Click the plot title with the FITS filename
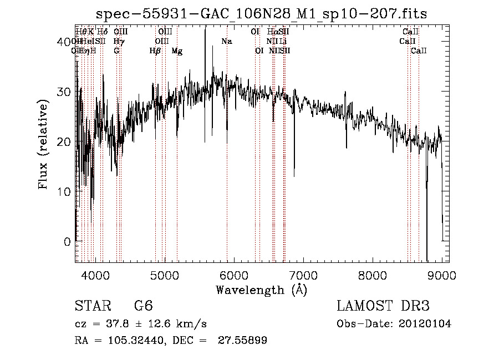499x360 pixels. tap(262, 13)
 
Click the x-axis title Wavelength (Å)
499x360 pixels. tap(261, 290)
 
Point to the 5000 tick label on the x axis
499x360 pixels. tap(165, 275)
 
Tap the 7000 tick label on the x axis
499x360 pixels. tap(303, 275)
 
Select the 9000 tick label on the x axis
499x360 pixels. tap(442, 275)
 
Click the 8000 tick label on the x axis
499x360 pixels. tap(373, 275)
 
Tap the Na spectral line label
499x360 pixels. tap(226, 42)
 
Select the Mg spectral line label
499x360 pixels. tap(177, 51)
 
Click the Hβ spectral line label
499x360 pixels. tap(155, 51)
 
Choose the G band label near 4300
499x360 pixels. tap(116, 51)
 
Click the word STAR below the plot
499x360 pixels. tap(92, 307)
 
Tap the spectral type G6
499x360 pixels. tap(144, 307)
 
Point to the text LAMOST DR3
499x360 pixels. tap(383, 307)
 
